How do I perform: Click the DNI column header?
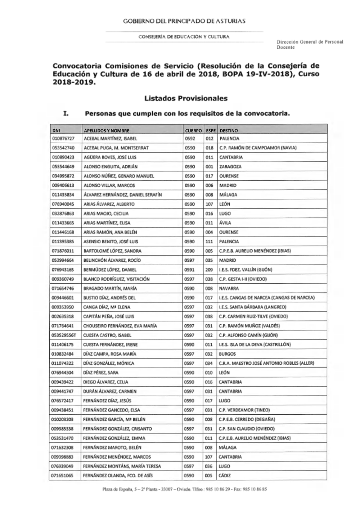coord(56,131)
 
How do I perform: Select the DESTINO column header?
coord(229,131)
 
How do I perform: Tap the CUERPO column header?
coord(193,131)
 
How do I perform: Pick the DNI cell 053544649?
coord(63,167)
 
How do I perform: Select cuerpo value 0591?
coord(189,270)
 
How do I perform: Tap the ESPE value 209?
coord(209,270)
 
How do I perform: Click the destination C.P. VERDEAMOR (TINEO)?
coord(244,410)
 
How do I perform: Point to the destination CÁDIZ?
coord(225,476)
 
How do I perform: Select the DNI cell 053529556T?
coord(64,335)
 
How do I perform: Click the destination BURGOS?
coord(227,354)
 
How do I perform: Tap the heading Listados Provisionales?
coord(186,98)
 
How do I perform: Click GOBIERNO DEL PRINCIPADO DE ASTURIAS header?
coord(184,21)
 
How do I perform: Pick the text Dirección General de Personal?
coord(310,42)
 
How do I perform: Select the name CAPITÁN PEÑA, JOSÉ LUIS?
coord(108,316)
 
